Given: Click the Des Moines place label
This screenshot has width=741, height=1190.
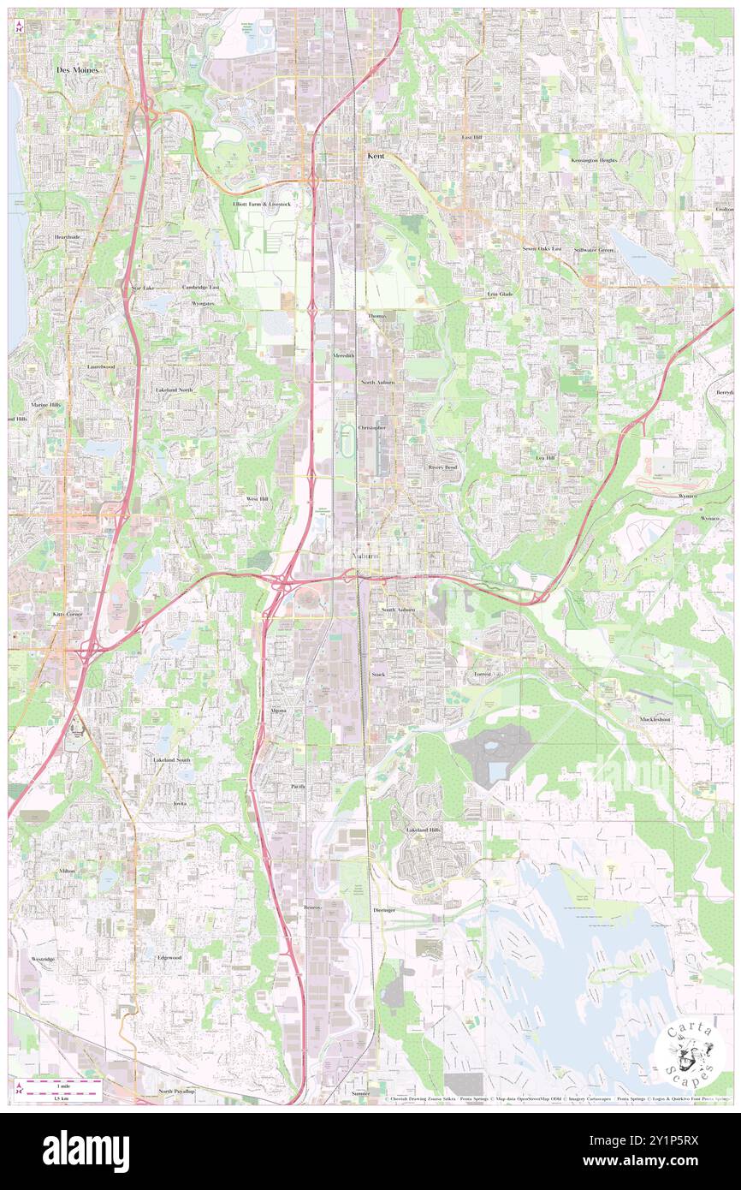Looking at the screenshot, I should pos(78,69).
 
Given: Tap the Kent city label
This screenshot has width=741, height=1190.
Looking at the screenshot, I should pos(376,156).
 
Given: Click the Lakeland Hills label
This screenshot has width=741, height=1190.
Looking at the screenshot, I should pos(424,830).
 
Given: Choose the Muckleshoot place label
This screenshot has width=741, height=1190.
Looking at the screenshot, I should pos(655,720).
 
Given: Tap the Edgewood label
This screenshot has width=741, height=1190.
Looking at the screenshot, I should pos(169,957).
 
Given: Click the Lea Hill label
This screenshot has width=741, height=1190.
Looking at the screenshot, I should pos(546,458).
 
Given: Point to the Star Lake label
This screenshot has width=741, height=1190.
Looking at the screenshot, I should pos(142,289).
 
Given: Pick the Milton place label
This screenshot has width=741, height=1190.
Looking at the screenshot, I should pos(68,870).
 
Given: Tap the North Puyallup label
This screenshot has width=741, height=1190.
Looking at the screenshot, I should pos(176,1092).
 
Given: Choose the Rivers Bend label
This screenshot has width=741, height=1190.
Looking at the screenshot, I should pos(443,467).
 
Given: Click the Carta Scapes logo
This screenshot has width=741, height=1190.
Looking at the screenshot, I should pos(689,1054).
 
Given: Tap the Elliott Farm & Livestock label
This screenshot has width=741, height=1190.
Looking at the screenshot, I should pos(262,205).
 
